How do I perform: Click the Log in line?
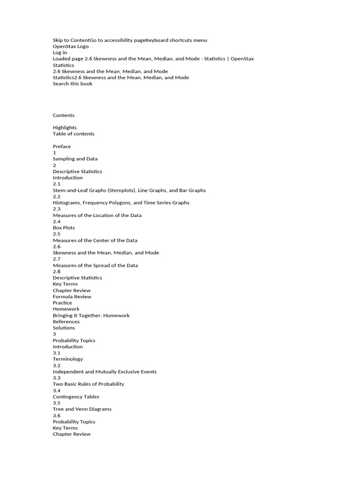point(60,52)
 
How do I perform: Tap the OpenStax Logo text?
point(70,46)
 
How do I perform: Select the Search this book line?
point(72,83)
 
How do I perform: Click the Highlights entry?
point(65,127)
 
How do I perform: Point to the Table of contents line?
point(73,134)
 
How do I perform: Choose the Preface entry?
point(62,146)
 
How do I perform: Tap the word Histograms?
point(67,202)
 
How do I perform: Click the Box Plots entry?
point(64,228)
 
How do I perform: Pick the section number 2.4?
point(57,221)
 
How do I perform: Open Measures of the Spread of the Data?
point(95,265)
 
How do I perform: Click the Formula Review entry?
point(72,297)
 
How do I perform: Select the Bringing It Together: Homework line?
point(91,315)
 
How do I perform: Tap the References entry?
point(66,322)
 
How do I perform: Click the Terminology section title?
point(67,359)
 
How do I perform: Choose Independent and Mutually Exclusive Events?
point(105,372)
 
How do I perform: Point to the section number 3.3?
point(57,378)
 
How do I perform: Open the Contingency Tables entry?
point(76,397)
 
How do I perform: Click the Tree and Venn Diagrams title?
point(82,409)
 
